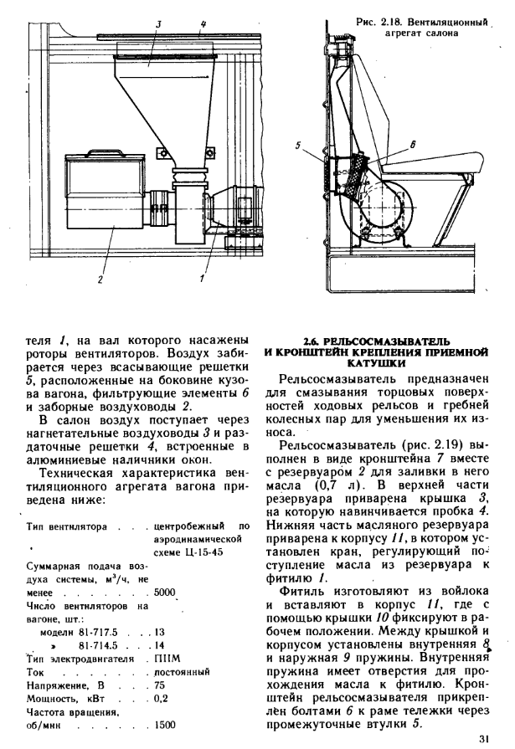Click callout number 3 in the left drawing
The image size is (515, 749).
[x=158, y=25]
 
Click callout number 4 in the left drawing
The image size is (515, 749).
[x=203, y=25]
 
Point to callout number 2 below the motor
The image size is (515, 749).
[x=100, y=279]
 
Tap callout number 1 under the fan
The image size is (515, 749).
[x=203, y=277]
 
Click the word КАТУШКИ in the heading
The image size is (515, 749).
[x=379, y=364]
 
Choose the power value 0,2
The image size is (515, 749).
[x=162, y=698]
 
